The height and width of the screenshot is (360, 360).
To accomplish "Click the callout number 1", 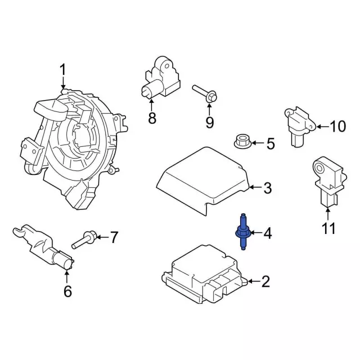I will pos(63,70).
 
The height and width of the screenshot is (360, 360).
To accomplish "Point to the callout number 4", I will pos(268,232).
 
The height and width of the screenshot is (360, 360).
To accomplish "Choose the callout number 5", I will pos(270,144).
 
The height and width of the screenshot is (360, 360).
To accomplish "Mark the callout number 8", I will pos(151,118).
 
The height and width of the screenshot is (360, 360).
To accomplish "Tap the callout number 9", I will pos(209,122).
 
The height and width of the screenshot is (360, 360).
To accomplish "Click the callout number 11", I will pos(328,228).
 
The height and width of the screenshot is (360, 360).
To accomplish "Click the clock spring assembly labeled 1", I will pos(76,141).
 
